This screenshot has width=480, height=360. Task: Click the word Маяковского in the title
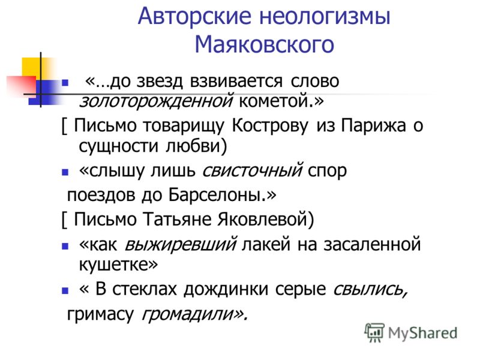(x=264, y=44)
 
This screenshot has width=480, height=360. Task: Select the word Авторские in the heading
(x=194, y=16)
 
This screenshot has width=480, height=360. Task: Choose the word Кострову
(x=270, y=126)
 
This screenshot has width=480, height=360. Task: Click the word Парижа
(x=373, y=126)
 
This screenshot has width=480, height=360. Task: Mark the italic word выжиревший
(x=181, y=245)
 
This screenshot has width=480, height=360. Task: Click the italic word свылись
(x=370, y=289)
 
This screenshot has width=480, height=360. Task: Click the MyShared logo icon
(x=374, y=332)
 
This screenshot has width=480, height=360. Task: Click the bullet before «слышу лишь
(x=65, y=172)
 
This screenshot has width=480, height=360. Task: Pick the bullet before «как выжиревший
(x=65, y=246)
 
